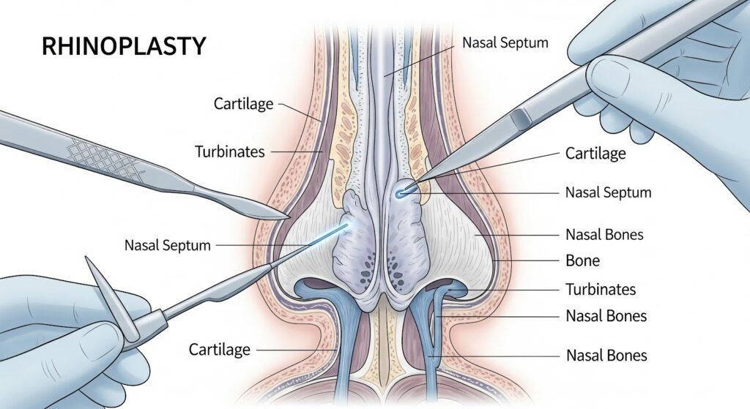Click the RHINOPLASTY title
click(124, 46)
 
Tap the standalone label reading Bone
click(583, 260)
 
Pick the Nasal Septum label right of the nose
click(608, 193)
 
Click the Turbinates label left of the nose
click(229, 152)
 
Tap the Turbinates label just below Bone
click(601, 289)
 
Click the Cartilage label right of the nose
click(595, 154)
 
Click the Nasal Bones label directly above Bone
click(604, 235)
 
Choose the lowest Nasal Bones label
click(606, 356)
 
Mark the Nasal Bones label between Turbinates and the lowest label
click(606, 316)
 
